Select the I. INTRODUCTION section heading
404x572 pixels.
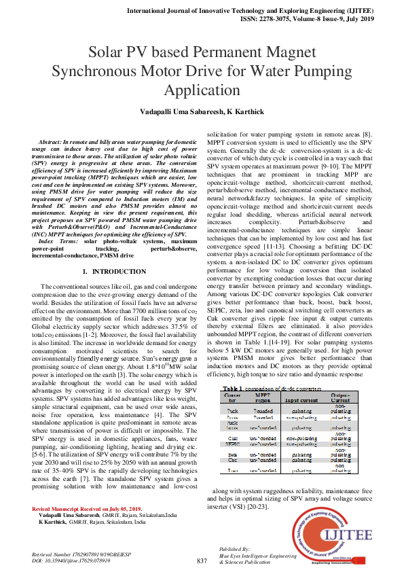pos(109,271)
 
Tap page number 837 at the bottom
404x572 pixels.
pos(202,560)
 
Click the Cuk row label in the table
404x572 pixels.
pos(232,438)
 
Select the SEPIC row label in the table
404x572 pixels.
pos(232,444)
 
